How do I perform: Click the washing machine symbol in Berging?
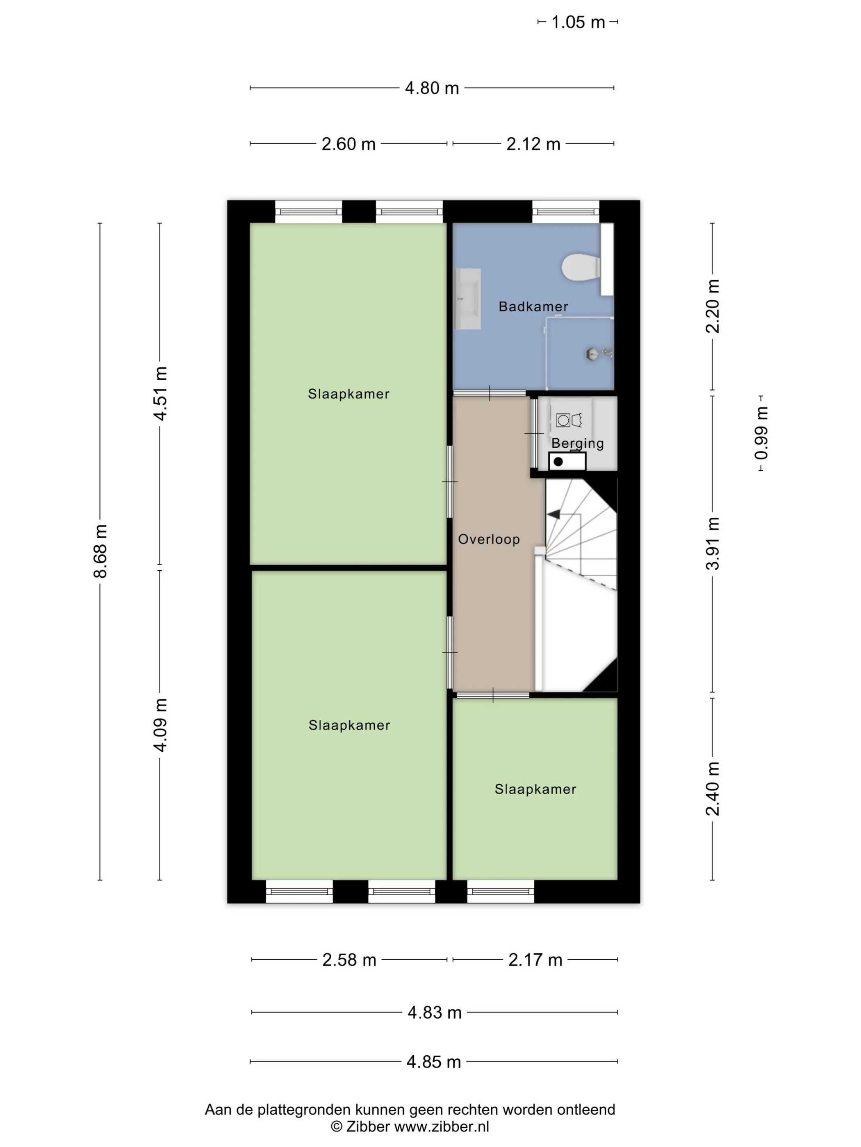coord(569,419)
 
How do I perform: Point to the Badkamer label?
coord(533,306)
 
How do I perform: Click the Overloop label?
coord(488,539)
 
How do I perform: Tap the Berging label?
coord(577,443)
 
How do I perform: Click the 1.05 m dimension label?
coord(578,22)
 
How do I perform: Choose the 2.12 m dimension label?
coord(533,144)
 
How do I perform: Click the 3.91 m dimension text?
coord(713,544)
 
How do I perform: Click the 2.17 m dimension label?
coord(535,960)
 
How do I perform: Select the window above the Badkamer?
coord(566,211)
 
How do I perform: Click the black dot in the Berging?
coord(558,462)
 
